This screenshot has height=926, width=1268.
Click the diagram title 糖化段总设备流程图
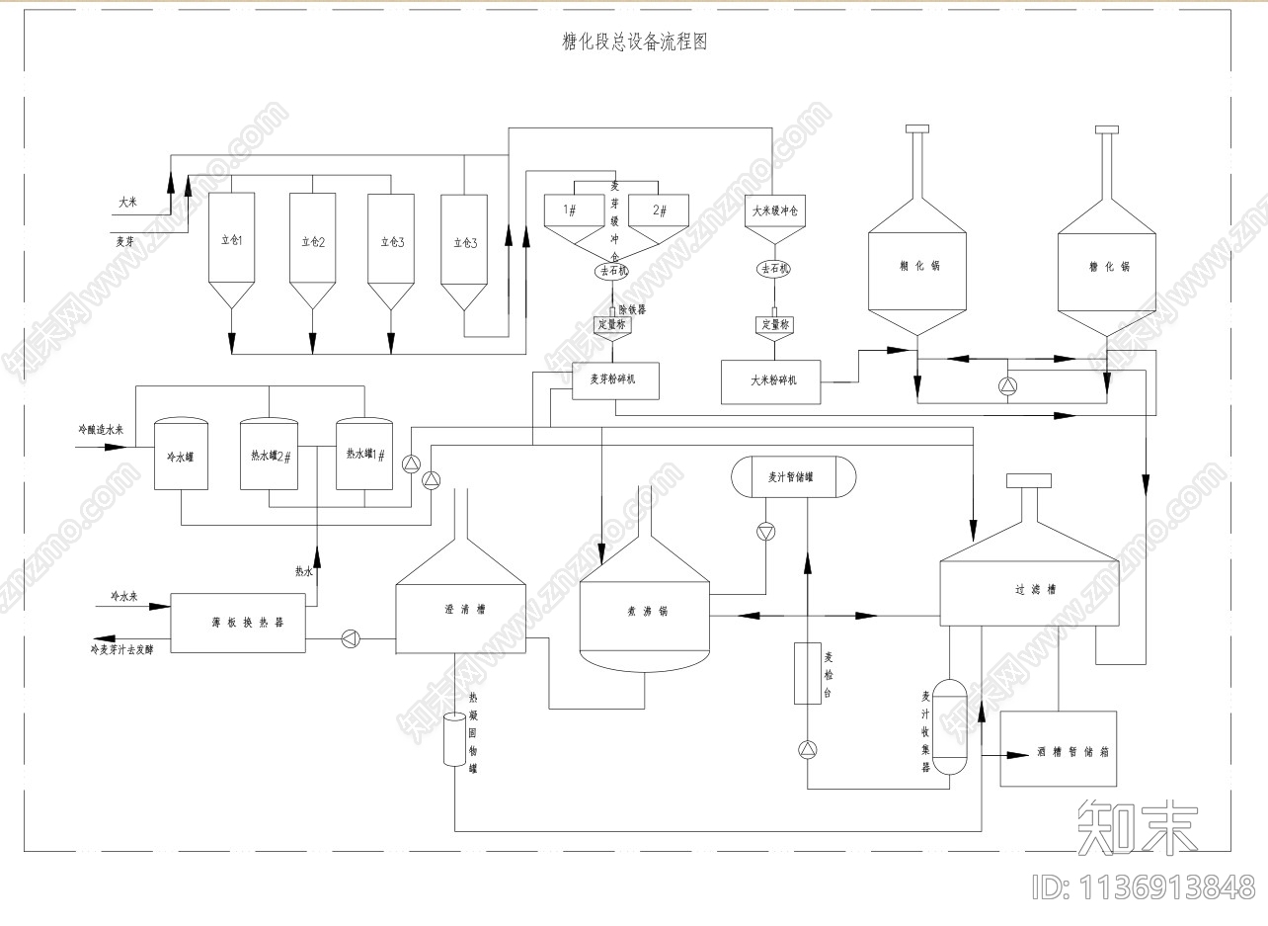pos(634,42)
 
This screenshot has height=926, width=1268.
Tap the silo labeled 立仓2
pos(312,241)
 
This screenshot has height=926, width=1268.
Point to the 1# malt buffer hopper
pos(570,211)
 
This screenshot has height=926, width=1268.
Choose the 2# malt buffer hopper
pos(660,211)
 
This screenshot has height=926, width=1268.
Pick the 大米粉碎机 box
pos(772,380)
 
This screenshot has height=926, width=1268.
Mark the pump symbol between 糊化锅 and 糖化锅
pos(1006,385)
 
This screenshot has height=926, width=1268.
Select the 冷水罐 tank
pos(181,456)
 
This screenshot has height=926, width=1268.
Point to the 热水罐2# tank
pos(269,456)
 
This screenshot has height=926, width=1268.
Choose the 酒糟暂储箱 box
pos(1058,749)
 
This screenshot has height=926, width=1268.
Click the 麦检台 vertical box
pos(808,673)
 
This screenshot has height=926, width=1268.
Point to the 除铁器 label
pos(633,309)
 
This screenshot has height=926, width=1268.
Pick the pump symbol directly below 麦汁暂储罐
pos(765,532)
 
